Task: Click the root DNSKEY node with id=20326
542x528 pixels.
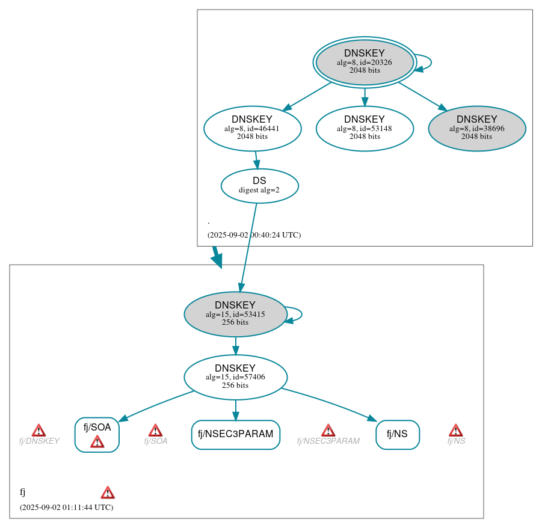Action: tap(365, 62)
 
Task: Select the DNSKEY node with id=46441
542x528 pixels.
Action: tap(252, 128)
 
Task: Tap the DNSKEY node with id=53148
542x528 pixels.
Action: tap(365, 128)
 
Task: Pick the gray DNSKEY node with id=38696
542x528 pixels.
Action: tap(476, 128)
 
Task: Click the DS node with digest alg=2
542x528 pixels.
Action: tap(259, 186)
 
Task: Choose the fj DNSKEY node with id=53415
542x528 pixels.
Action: tap(235, 314)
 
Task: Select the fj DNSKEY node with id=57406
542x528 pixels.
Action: tap(235, 377)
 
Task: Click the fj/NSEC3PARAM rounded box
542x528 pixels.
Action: tap(235, 434)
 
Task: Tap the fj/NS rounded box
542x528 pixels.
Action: tap(397, 434)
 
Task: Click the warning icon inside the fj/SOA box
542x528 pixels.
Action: tap(97, 442)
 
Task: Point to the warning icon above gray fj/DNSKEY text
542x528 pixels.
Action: tap(38, 430)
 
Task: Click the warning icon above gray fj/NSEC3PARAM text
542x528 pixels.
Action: tap(328, 430)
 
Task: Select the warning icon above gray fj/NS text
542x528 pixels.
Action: tap(455, 430)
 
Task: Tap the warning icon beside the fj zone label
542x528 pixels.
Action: tap(107, 493)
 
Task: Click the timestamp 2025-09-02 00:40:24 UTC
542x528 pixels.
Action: tap(254, 235)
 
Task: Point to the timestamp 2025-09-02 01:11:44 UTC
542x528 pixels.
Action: tap(66, 508)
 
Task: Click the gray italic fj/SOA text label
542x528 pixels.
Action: tap(155, 441)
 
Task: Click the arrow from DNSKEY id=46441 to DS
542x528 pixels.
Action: tap(256, 160)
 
